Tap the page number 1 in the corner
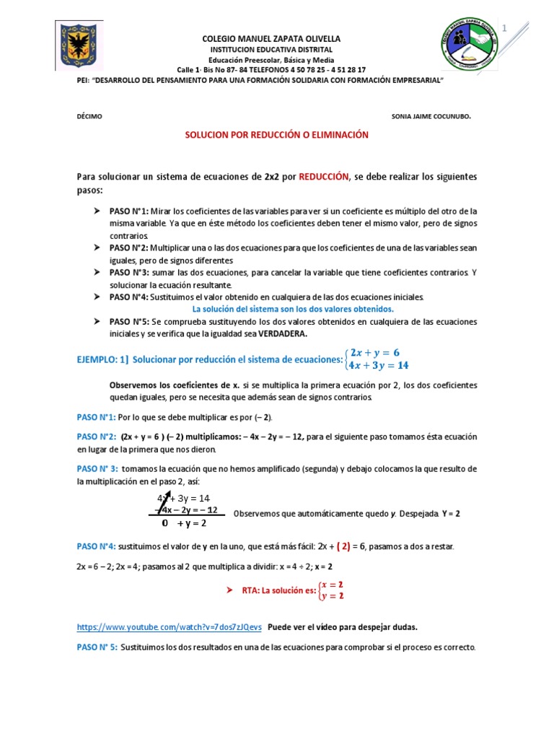515,28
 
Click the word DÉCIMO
89,115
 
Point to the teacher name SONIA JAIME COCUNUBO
431,115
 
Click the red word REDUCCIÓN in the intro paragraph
324,177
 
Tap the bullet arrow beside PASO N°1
97,211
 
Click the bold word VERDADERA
279,333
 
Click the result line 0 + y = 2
184,522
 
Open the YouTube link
170,626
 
